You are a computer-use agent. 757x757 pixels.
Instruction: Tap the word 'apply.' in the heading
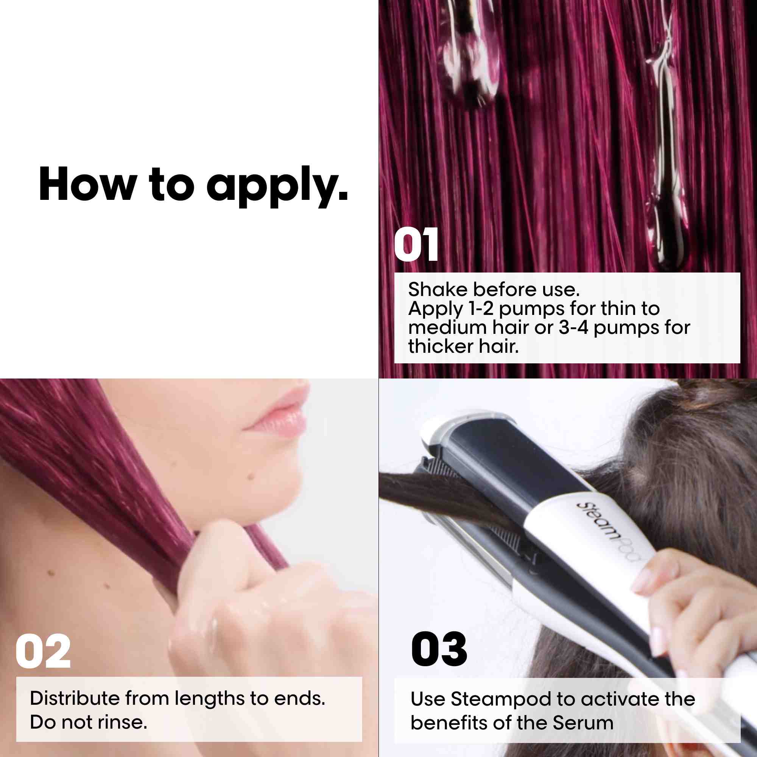tap(277, 187)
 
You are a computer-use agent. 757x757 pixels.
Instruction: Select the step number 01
tap(416, 245)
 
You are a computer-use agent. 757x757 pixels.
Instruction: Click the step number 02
tap(43, 651)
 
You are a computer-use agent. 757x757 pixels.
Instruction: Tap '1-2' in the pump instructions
tap(481, 308)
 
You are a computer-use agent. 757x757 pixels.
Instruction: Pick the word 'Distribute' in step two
tap(75, 698)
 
